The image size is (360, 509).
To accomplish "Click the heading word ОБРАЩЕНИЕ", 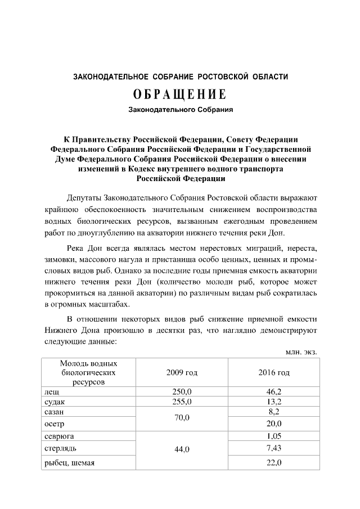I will pos(180,93).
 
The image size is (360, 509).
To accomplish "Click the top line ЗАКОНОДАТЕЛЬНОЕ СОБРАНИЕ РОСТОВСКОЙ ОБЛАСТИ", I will pos(180,76).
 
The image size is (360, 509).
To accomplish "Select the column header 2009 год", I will pos(182,372).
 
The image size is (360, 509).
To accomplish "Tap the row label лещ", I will pos(51,391).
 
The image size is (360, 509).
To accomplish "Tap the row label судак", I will pos(54,402).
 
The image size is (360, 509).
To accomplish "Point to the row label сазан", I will pos(55,412).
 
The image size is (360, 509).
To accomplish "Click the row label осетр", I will pos(54,424).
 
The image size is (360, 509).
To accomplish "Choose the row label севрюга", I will pos(59,436).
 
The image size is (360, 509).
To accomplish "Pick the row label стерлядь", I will pos(61,448).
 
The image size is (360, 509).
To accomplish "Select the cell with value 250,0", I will pos(182,391).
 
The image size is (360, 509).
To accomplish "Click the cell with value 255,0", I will pos(182,402).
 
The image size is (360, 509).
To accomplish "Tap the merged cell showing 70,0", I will pos(182,418).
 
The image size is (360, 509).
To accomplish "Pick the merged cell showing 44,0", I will pos(182,449).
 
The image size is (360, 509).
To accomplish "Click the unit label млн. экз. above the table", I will pos(301,352).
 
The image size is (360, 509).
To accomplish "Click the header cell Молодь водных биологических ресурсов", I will pos(88,372).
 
